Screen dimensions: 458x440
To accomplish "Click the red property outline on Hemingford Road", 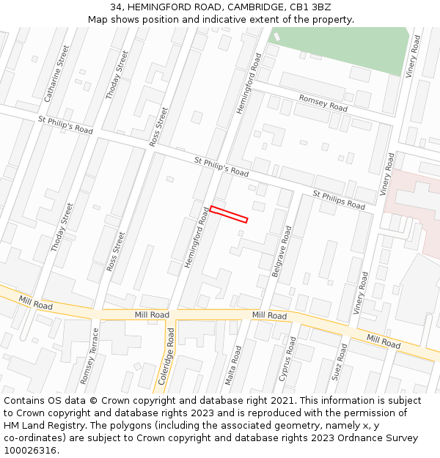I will [229, 214].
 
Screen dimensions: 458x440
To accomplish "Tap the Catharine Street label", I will [56, 73].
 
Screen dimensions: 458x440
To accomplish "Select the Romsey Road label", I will [323, 103].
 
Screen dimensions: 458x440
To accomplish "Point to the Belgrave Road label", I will [282, 251].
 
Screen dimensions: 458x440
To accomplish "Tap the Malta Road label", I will [232, 365].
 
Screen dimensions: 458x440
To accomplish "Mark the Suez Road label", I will [339, 361].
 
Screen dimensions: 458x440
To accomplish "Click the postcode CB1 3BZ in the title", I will [311, 7].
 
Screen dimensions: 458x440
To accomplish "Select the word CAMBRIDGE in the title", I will [248, 7].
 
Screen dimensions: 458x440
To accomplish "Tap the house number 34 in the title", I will [116, 7].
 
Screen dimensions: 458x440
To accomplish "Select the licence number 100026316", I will [32, 451].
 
